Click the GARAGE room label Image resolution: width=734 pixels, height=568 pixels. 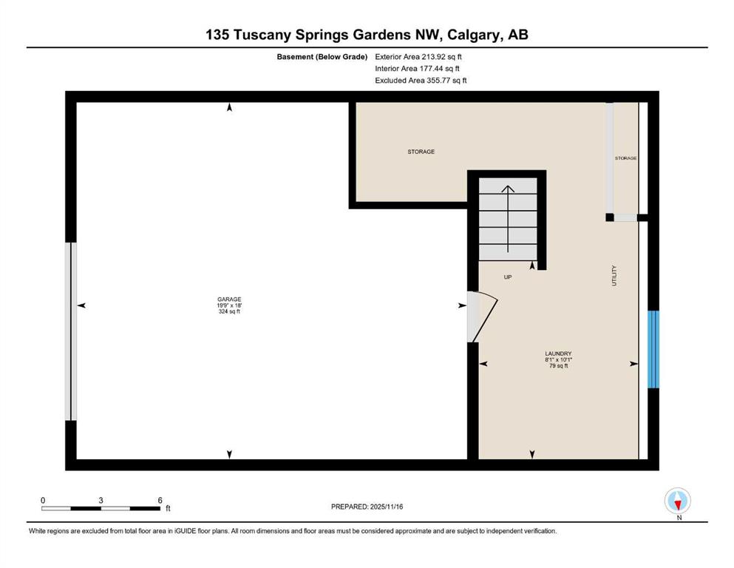pos(229,300)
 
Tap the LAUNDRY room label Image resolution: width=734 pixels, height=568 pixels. pos(558,354)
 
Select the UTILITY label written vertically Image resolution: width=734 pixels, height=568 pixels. pos(614,275)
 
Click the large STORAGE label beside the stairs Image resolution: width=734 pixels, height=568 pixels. pos(421,152)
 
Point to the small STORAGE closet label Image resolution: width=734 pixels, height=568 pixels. pos(625,158)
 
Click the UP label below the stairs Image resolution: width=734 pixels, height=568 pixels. pos(508,277)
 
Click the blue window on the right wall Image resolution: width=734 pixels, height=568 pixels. pos(653,349)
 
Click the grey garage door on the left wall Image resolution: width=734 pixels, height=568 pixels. pos(71,331)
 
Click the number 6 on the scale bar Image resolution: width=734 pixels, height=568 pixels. pos(160,500)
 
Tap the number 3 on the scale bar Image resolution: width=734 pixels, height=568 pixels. pos(101,500)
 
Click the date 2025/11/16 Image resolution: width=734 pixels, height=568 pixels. pos(386,507)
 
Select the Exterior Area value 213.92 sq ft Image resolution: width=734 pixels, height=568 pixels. pos(442,57)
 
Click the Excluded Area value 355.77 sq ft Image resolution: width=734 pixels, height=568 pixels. pos(446,80)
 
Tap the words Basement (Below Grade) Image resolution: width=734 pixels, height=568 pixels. pos(322,57)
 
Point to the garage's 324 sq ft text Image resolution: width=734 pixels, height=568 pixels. pos(229,311)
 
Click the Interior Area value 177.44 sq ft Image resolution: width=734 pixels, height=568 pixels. pos(439,68)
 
